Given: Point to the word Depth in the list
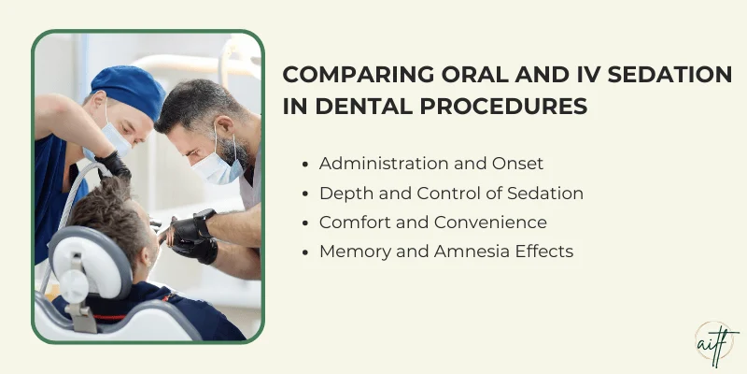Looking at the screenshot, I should click(x=342, y=193).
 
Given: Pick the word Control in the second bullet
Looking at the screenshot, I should click(x=433, y=193).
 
